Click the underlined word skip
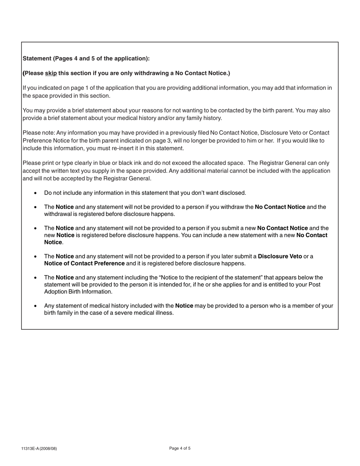51,73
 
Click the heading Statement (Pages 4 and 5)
86,58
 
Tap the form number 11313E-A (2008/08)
39,449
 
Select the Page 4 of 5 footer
180,448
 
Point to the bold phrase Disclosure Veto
280,256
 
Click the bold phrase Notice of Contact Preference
84,263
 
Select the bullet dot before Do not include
36,193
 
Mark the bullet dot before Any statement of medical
36,306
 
